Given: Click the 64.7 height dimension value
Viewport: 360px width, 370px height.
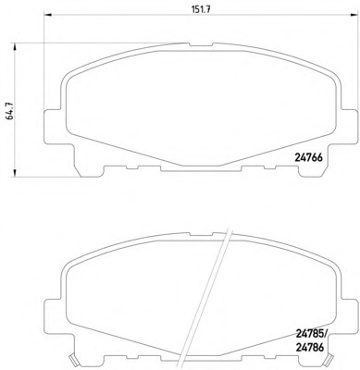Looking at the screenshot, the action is coord(10,111).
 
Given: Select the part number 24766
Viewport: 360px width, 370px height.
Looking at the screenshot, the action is coord(308,157).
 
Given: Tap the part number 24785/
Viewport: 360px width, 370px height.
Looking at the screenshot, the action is coord(311,333).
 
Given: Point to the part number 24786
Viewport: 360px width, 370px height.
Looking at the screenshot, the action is coord(309,348).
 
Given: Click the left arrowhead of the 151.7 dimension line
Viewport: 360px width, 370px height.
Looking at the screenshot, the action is coord(48,14).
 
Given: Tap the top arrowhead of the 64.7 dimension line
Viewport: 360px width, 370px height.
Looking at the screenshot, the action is coord(14,46).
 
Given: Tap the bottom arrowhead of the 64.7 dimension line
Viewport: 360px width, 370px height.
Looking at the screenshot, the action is coord(14,173).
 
